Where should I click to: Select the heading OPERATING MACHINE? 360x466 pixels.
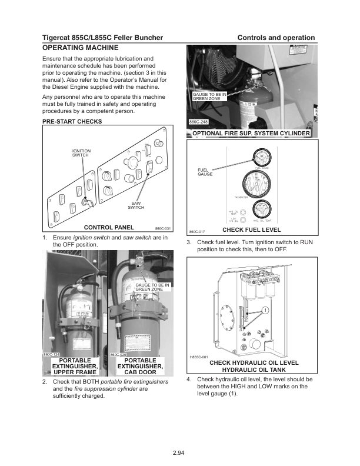tap(81, 47)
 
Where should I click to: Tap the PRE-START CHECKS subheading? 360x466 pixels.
tap(72, 122)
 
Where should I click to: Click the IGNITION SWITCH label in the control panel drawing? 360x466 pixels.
tap(81, 153)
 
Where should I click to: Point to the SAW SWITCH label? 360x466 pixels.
tap(136, 205)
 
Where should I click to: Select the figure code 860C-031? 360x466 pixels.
tap(162, 228)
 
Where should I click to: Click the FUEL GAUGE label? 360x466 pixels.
tap(205, 172)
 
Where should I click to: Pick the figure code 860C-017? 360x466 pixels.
tap(196, 231)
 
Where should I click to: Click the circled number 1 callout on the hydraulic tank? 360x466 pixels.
tap(266, 310)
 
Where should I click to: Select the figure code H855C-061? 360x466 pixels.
tap(199, 357)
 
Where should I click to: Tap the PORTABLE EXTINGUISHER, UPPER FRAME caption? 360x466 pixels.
tap(75, 366)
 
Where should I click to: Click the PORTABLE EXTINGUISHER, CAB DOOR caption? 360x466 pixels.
tap(140, 366)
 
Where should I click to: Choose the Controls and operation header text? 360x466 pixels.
tap(276, 38)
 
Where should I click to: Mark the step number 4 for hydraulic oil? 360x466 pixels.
tap(189, 380)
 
